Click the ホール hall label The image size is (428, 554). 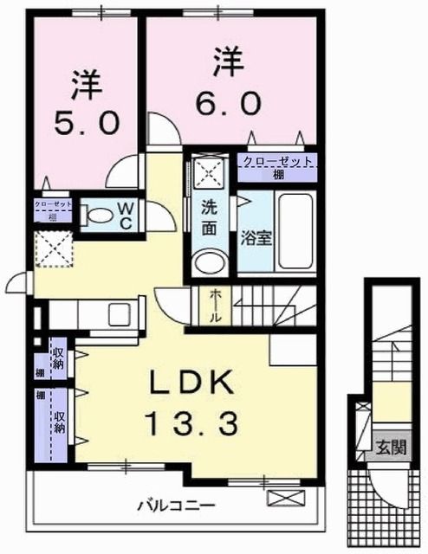click(215, 306)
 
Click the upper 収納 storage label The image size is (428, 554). click(59, 357)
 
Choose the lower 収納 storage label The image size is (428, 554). click(60, 422)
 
